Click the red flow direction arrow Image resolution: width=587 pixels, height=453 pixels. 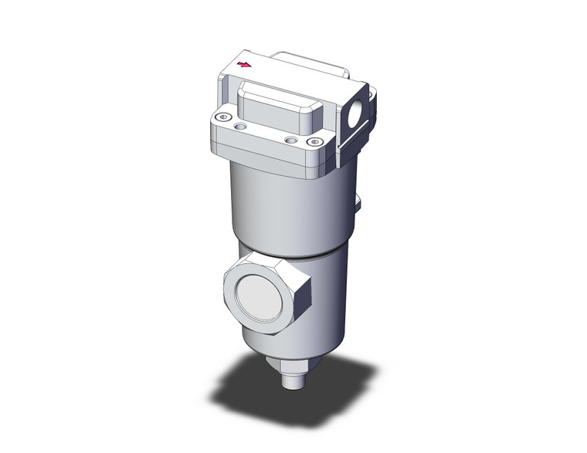tap(246, 65)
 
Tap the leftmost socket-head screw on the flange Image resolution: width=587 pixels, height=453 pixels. tap(223, 117)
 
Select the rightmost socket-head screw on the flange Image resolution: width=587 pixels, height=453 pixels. tap(314, 142)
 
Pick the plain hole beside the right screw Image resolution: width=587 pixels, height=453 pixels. tap(290, 140)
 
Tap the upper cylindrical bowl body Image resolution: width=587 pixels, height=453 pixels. tap(286, 208)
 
